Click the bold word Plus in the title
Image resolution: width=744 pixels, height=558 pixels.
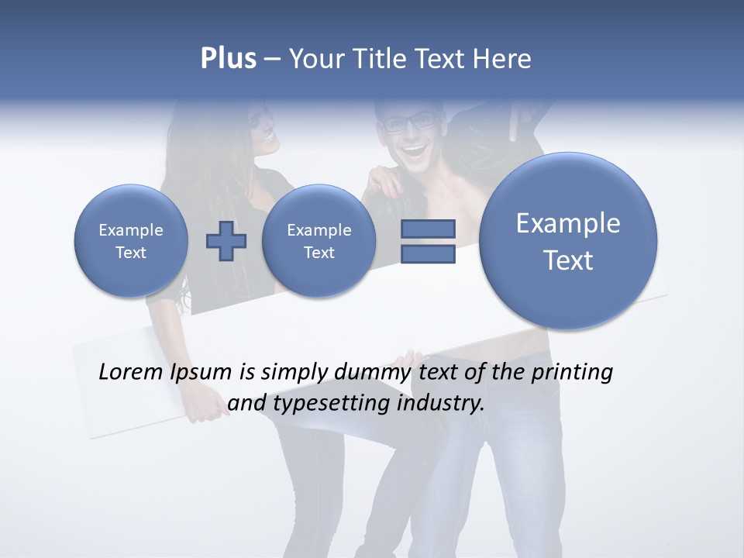click(x=228, y=59)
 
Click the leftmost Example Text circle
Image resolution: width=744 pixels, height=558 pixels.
click(x=130, y=241)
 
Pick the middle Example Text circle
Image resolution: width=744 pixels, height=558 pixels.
click(x=319, y=241)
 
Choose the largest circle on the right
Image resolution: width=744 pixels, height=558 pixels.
click(x=568, y=241)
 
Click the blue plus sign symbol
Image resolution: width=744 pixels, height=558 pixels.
click(x=226, y=241)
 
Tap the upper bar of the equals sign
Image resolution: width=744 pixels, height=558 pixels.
click(x=428, y=229)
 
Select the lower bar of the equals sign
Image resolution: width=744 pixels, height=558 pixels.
click(x=428, y=253)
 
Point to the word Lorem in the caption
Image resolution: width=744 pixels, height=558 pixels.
click(x=131, y=373)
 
